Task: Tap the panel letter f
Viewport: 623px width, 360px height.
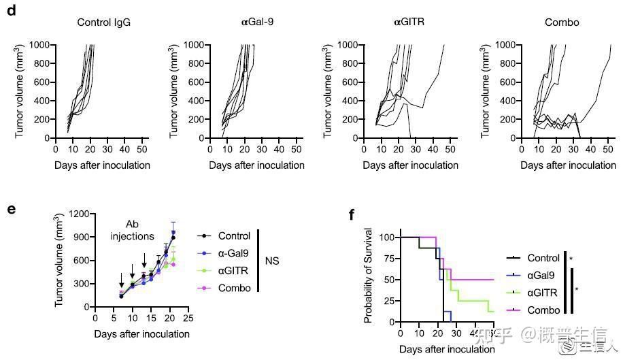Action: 352,215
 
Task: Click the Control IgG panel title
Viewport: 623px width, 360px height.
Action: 103,22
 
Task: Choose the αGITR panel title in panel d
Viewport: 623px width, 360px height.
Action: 409,22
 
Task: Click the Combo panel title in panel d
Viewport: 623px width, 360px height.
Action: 562,22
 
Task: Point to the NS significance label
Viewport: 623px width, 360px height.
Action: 272,261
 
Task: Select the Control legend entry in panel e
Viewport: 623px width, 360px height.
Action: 235,236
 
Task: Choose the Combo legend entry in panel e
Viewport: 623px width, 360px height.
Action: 234,288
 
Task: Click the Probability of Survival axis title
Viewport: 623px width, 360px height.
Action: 369,279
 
